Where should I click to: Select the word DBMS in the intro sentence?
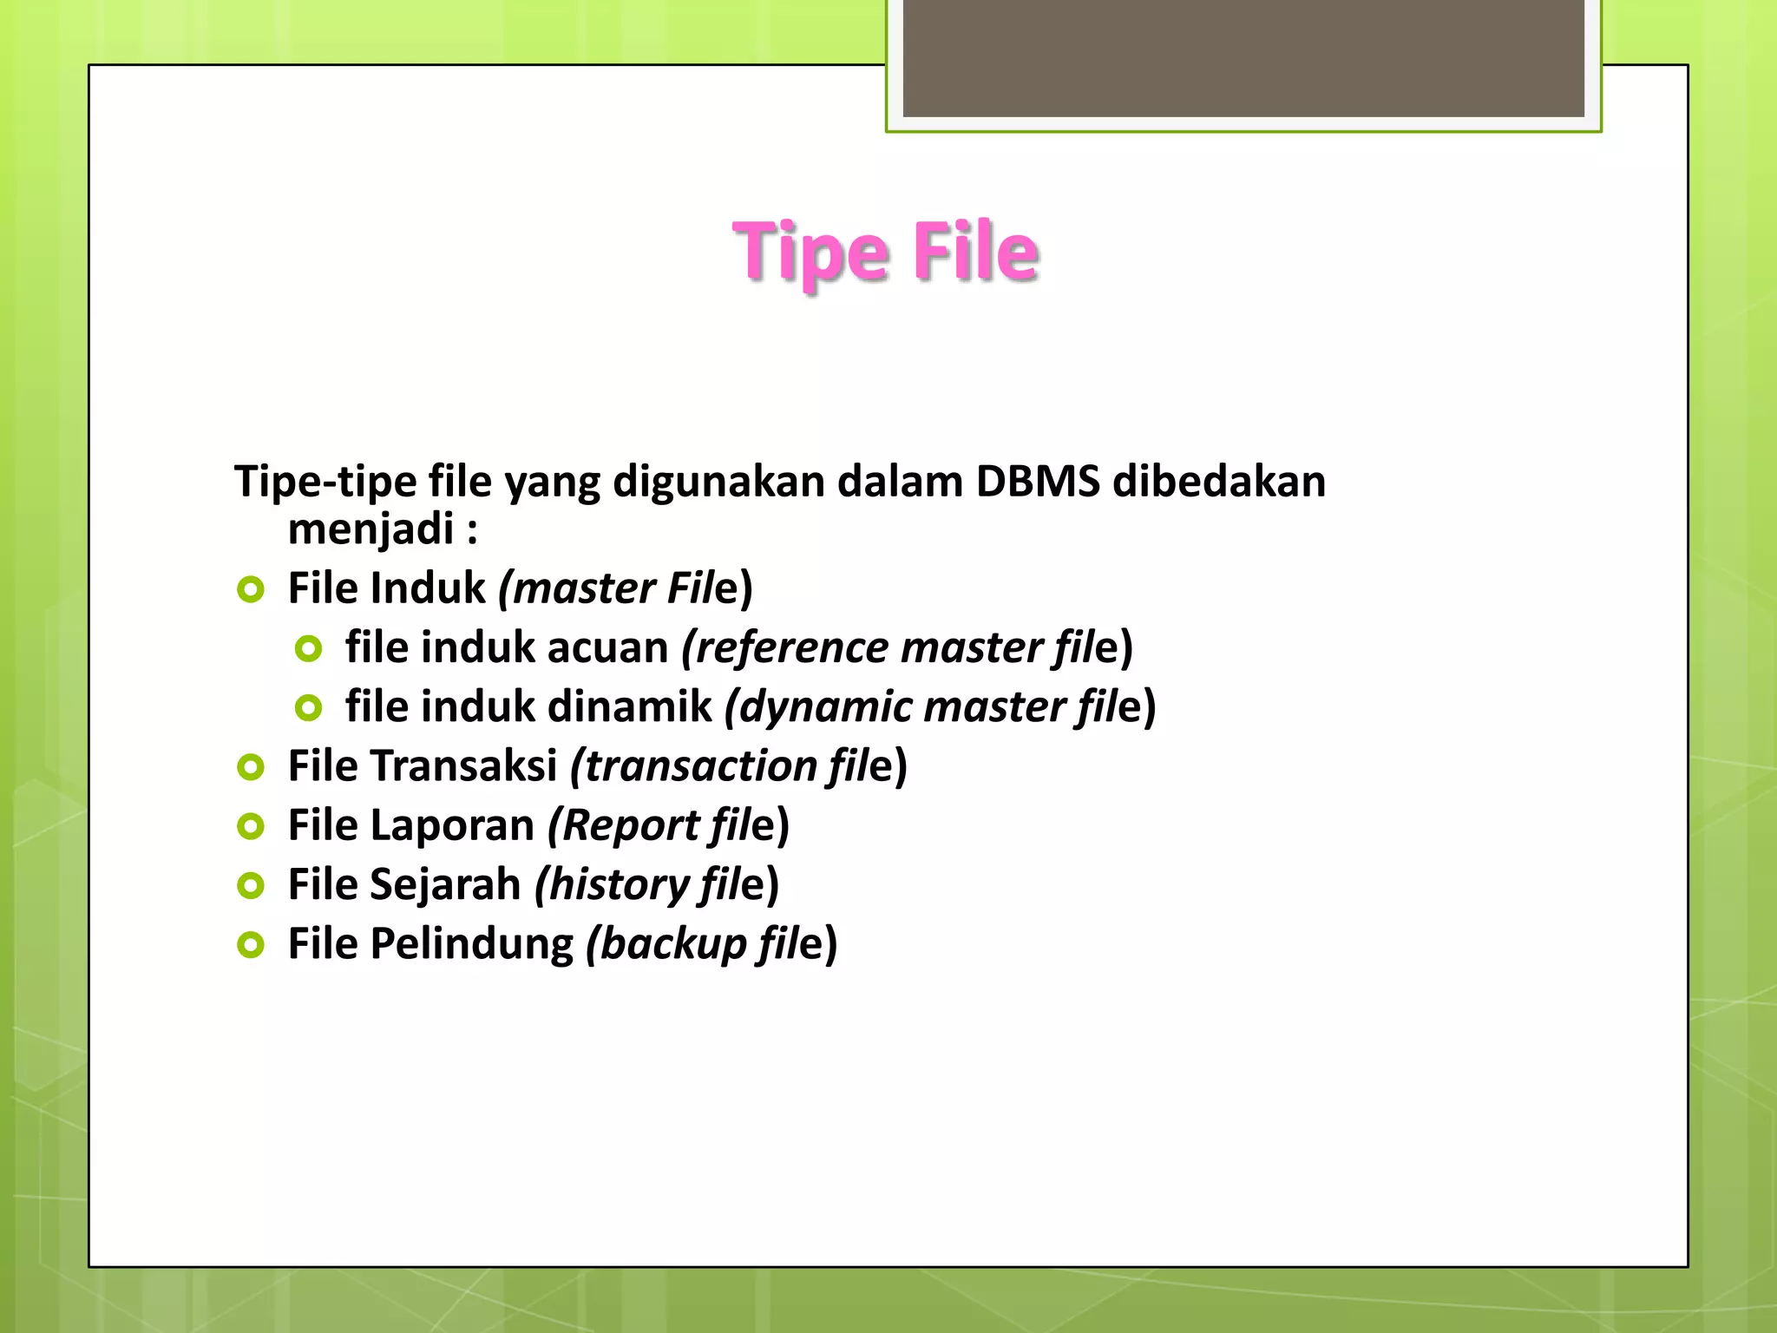tap(1037, 482)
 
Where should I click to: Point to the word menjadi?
tap(370, 529)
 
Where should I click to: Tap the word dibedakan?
tap(1219, 482)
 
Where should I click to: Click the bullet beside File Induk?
tap(251, 590)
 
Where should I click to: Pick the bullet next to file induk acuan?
tap(308, 648)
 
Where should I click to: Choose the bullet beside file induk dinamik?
tap(308, 708)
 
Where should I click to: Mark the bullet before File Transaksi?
tap(251, 767)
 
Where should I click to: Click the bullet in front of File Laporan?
tap(251, 826)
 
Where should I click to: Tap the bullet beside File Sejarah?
tap(251, 886)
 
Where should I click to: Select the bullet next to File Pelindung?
tap(251, 945)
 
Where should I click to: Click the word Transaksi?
tap(464, 766)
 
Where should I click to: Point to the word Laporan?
tap(452, 825)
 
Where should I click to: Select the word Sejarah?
tap(445, 885)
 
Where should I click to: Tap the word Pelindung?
tap(472, 944)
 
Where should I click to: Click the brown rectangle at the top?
tap(1243, 58)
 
